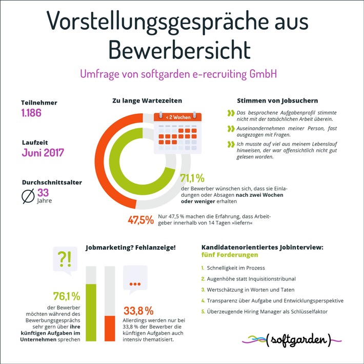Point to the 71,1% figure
point(192,178)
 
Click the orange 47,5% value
point(141,220)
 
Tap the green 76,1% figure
point(66,297)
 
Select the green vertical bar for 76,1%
point(91,312)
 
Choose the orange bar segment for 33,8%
point(110,328)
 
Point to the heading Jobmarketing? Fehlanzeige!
point(130,247)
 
